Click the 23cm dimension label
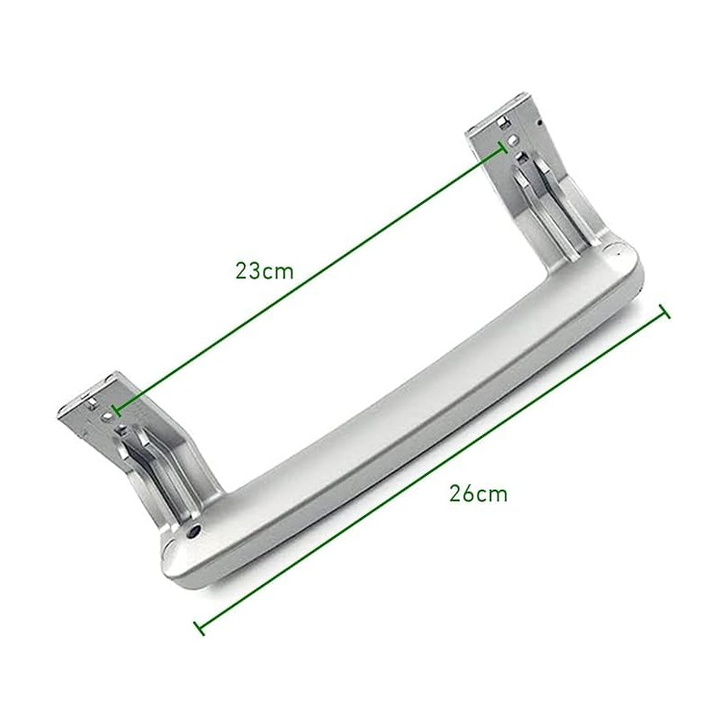pyautogui.click(x=264, y=270)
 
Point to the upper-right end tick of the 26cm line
pyautogui.click(x=663, y=313)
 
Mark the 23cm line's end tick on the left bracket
pyautogui.click(x=112, y=412)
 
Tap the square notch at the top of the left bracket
pyautogui.click(x=96, y=397)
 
